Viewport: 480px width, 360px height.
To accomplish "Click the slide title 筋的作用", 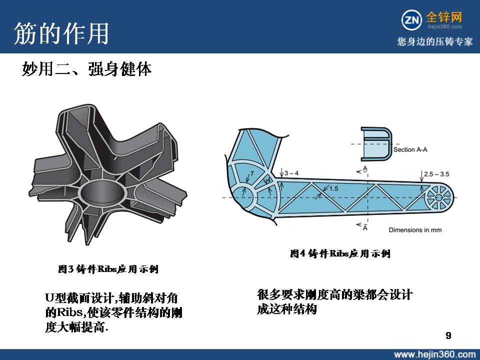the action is pyautogui.click(x=61, y=33).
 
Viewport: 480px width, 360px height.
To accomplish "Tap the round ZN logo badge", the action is pyautogui.click(x=411, y=20).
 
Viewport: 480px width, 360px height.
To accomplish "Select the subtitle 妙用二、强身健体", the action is pyautogui.click(x=86, y=69).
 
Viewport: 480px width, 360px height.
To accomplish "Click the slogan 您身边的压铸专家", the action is pyautogui.click(x=434, y=41).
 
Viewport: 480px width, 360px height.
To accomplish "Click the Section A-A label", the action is pyautogui.click(x=410, y=149).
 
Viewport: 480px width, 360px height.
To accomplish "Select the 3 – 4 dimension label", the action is pyautogui.click(x=291, y=173).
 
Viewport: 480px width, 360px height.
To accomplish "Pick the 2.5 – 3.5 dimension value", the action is pyautogui.click(x=436, y=174).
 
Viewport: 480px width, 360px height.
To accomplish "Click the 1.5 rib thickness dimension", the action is pyautogui.click(x=333, y=188).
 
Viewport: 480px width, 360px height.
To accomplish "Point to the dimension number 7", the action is pyautogui.click(x=252, y=173).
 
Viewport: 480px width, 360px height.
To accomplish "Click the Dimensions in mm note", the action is pyautogui.click(x=415, y=230).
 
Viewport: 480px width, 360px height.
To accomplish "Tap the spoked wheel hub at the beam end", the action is pyautogui.click(x=438, y=198).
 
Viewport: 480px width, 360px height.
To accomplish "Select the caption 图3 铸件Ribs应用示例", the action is pyautogui.click(x=108, y=269).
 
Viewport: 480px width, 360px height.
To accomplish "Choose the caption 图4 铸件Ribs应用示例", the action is pyautogui.click(x=340, y=253).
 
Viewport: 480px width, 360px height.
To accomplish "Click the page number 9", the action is pyautogui.click(x=448, y=335).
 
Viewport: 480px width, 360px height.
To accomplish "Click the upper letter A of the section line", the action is pyautogui.click(x=365, y=168).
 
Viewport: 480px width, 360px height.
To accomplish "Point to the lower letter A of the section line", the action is pyautogui.click(x=365, y=227).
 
